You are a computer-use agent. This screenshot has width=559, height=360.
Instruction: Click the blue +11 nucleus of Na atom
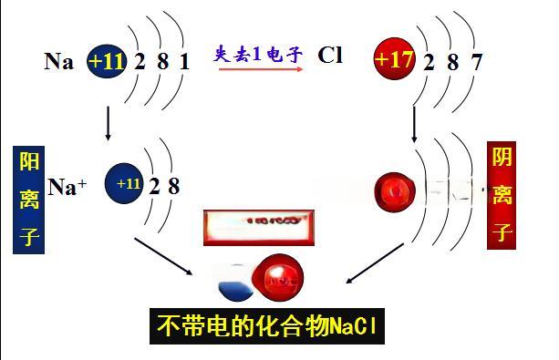(109, 61)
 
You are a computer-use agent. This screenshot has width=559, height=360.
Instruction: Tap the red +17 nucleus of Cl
(394, 61)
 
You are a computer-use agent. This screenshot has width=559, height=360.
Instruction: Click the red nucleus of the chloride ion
(394, 189)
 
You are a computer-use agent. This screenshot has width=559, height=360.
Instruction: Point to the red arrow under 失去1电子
(259, 69)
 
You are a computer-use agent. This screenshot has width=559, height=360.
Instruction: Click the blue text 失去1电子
(259, 53)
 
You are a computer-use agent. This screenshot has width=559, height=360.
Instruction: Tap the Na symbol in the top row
(58, 62)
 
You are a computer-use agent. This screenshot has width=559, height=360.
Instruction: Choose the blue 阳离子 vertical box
(30, 200)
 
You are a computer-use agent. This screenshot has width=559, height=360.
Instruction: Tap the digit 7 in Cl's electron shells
(476, 62)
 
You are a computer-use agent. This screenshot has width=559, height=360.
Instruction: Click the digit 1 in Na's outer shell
(184, 62)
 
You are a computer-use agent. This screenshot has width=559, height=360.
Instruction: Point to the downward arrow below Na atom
(109, 123)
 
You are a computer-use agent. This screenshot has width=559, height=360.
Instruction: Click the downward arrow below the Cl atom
(415, 123)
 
